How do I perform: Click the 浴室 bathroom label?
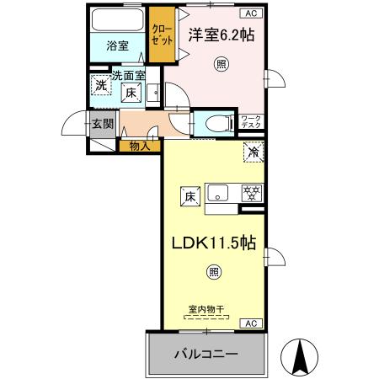pos(118,47)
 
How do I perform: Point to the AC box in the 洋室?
pos(252,13)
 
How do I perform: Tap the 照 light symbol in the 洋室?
pos(221,65)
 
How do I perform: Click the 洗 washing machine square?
pos(101,84)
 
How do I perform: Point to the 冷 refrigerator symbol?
pos(254,152)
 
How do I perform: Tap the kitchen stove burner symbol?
pos(251,192)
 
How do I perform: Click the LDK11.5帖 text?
pos(215,242)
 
